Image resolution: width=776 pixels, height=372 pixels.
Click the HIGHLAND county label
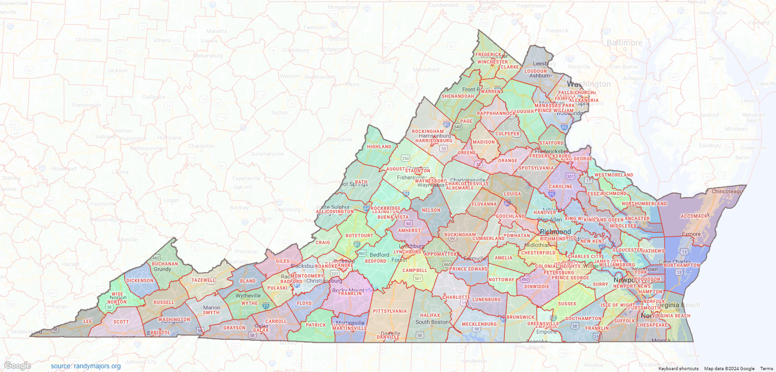click(x=379, y=147)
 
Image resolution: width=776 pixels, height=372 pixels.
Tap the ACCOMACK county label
click(x=695, y=216)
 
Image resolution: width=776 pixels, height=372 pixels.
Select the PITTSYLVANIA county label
click(x=390, y=311)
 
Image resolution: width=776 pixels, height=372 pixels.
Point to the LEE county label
click(x=87, y=322)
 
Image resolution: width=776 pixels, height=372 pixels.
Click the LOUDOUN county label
click(x=535, y=71)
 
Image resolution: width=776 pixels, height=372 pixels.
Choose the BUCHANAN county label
click(x=165, y=264)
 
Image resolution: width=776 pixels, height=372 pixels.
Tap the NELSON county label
click(x=431, y=210)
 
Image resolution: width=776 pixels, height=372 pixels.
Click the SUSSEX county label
click(x=567, y=304)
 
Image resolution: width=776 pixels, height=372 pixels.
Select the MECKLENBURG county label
click(x=479, y=324)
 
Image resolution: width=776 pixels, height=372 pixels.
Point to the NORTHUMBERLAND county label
click(x=644, y=204)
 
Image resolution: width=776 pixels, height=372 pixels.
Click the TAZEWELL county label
click(x=203, y=280)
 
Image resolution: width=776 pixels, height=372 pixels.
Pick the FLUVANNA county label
click(x=484, y=204)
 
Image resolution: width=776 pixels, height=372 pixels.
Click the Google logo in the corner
click(x=18, y=366)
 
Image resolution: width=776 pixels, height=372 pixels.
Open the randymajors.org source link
click(x=86, y=366)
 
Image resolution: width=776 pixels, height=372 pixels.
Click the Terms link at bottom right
click(x=766, y=369)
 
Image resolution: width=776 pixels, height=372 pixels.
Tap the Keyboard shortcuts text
click(x=678, y=369)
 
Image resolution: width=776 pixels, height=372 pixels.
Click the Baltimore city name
click(x=624, y=43)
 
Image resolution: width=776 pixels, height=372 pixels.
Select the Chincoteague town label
click(x=726, y=191)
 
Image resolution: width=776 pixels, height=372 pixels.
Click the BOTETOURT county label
click(x=359, y=236)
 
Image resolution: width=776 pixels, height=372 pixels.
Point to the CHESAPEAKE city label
click(x=652, y=325)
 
